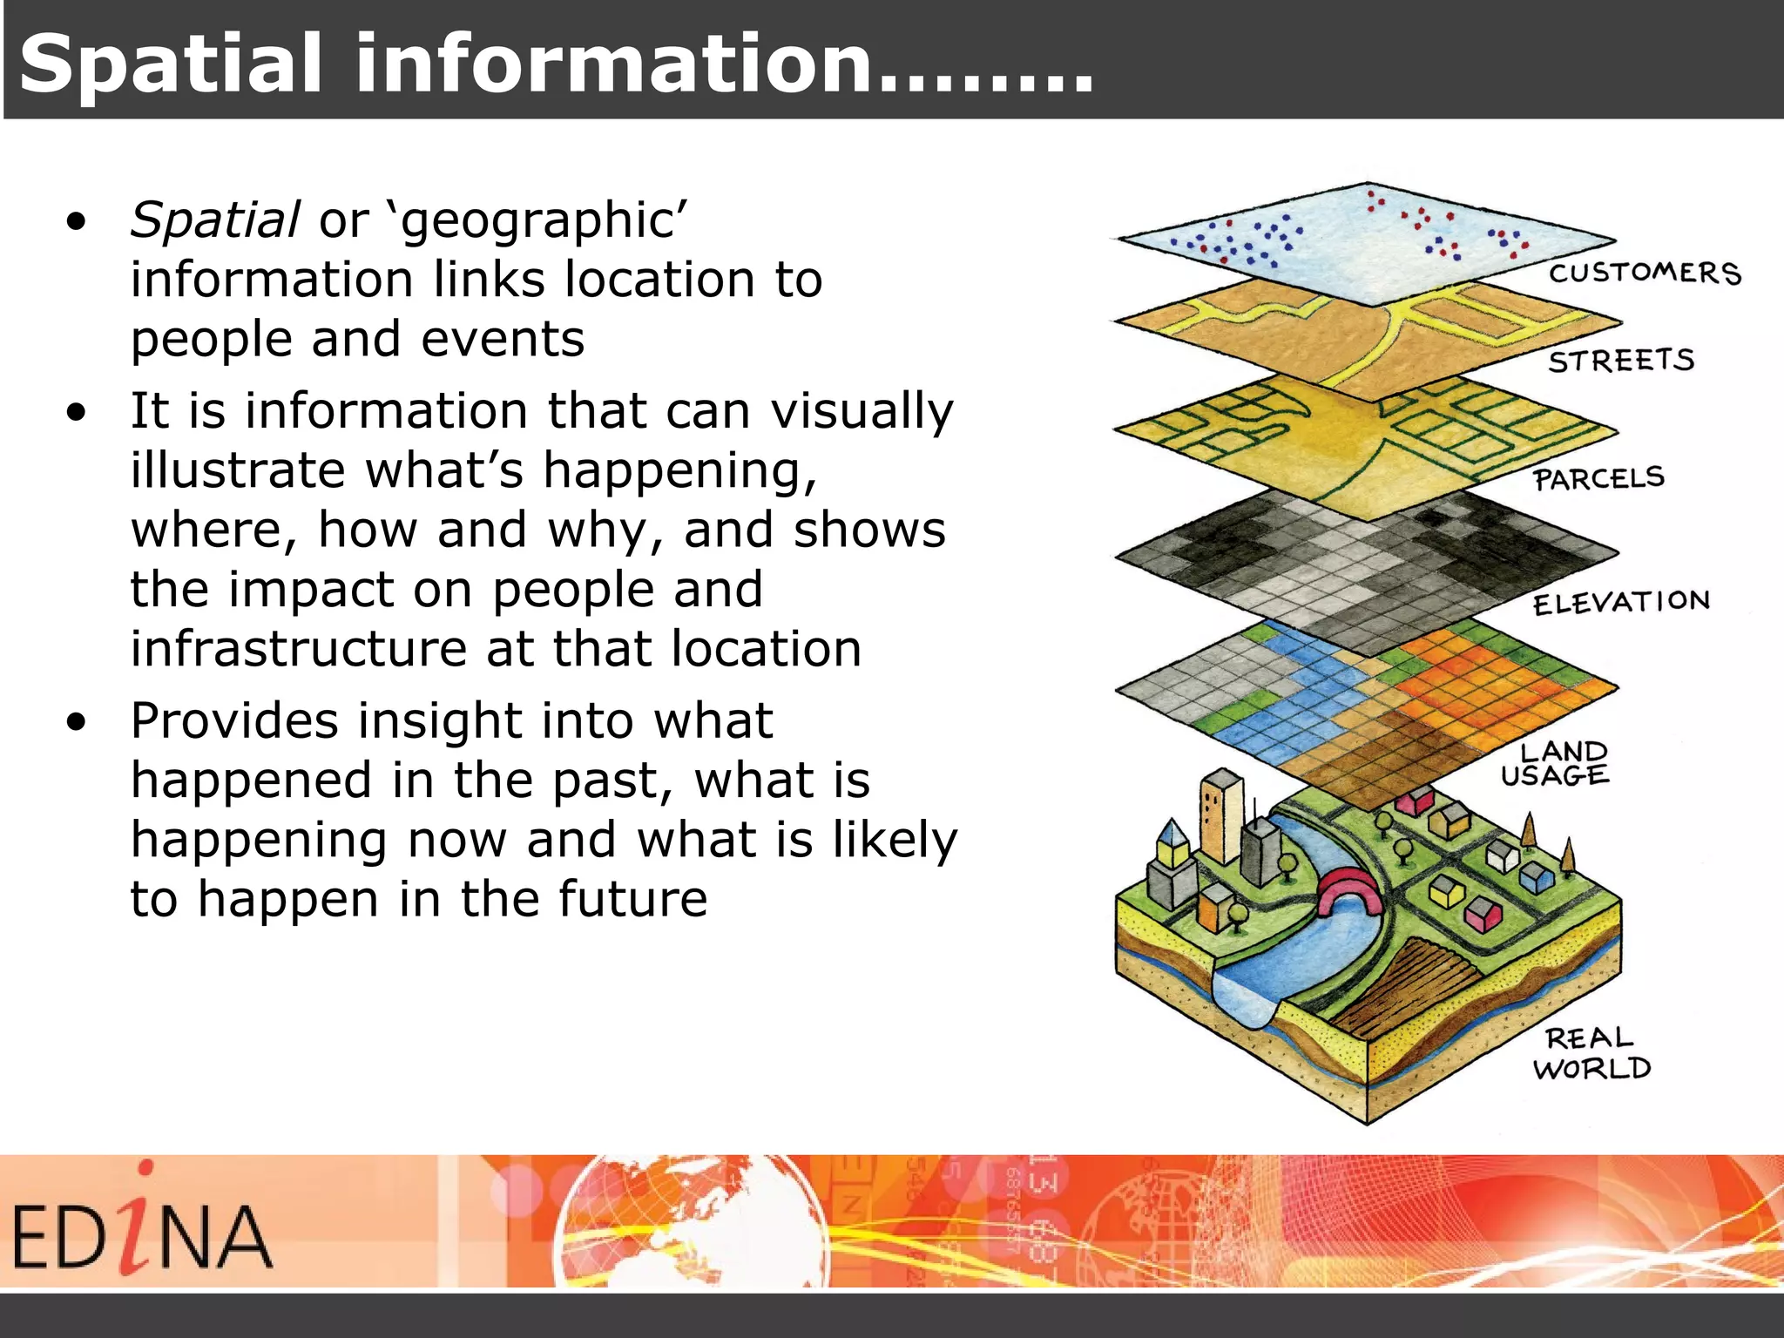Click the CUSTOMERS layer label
[x=1645, y=273]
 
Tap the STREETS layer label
[x=1621, y=361]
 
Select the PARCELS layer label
[x=1598, y=478]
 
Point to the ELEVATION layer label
[x=1621, y=602]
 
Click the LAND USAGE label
[x=1555, y=764]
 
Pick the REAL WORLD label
[x=1591, y=1053]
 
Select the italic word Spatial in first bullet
[x=214, y=220]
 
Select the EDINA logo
[x=141, y=1227]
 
